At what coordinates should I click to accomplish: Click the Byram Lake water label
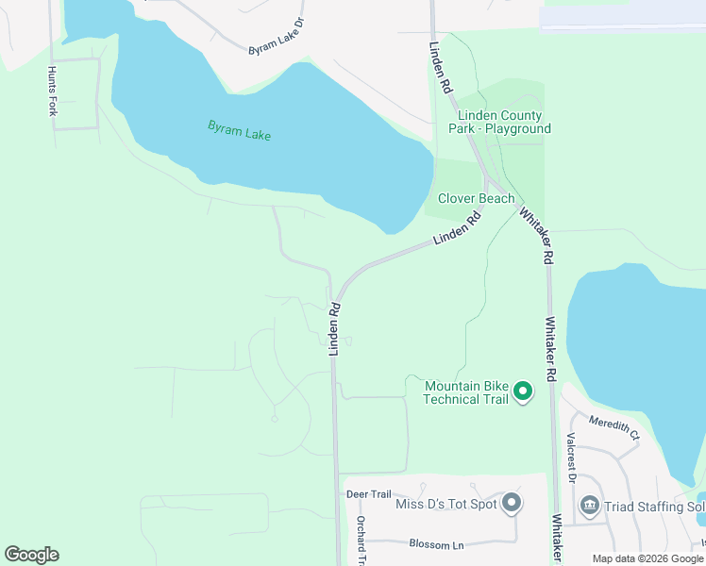tap(240, 130)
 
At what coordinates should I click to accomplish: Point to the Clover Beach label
tap(476, 198)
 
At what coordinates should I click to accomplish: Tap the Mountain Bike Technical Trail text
tap(466, 392)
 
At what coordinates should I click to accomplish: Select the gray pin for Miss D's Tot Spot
tap(511, 503)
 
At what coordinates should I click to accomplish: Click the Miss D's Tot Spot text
tap(446, 504)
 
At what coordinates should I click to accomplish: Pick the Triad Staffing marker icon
tap(590, 507)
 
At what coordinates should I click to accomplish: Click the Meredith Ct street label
tap(614, 427)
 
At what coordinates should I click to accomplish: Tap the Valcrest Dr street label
tap(572, 457)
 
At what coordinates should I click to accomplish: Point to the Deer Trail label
tap(368, 494)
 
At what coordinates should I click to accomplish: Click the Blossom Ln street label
tap(437, 544)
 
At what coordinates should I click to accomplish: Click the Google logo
tap(31, 555)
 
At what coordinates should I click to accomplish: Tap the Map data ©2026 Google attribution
tap(647, 558)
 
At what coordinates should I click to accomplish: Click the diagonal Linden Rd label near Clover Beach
tap(458, 229)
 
